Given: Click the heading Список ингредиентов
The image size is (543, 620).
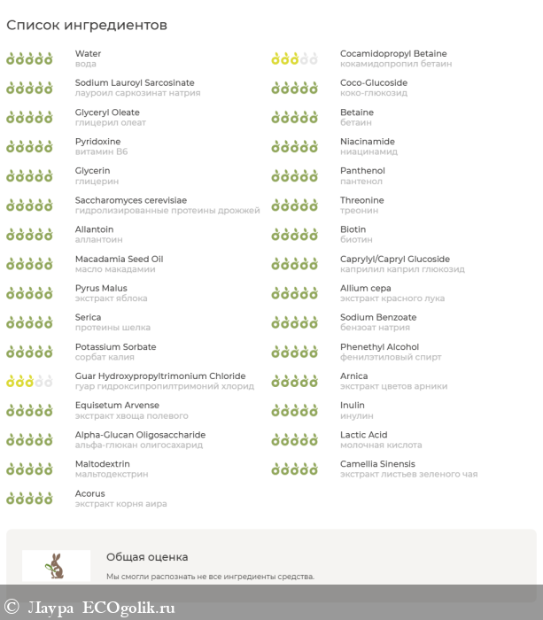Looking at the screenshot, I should click(x=87, y=25).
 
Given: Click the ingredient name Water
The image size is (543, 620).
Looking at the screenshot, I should click(x=88, y=54).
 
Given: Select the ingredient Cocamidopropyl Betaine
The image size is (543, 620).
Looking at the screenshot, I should click(x=393, y=54).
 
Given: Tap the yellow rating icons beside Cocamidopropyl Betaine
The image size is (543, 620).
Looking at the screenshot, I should click(x=294, y=59).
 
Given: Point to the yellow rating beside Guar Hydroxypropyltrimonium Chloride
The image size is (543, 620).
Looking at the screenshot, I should click(x=29, y=381).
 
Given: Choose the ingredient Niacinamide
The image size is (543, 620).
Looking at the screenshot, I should click(x=368, y=142).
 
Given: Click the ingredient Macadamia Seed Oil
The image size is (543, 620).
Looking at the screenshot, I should click(x=119, y=259).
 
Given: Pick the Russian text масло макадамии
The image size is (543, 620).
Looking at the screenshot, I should click(x=115, y=269).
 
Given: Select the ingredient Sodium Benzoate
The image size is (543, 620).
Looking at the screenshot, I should click(x=378, y=317).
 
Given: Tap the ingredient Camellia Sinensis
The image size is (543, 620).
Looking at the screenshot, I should click(x=377, y=464).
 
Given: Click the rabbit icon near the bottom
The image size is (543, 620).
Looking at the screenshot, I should click(x=57, y=565).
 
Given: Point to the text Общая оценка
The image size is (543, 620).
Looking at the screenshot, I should click(x=147, y=557).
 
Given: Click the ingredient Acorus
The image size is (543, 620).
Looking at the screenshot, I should click(x=89, y=493).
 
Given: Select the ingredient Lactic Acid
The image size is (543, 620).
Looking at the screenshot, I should click(x=364, y=435).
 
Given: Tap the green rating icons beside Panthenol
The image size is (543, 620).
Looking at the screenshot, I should click(x=294, y=176).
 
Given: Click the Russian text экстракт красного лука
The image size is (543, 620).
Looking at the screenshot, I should click(x=392, y=298).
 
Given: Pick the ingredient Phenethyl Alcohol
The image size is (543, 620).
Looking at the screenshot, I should click(x=379, y=347).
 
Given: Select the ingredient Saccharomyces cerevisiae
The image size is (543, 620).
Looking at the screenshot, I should click(x=131, y=200).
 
